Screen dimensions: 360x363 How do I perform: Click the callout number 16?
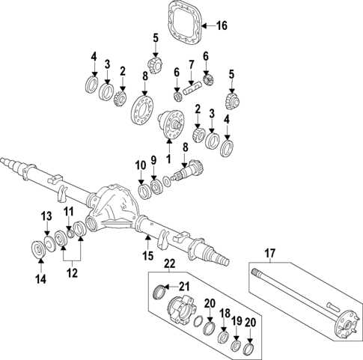222,26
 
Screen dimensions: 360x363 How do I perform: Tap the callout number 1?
168,159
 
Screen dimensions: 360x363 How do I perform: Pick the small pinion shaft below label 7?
192,89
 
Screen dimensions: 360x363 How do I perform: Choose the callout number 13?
46,216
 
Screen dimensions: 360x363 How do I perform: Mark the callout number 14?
40,279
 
